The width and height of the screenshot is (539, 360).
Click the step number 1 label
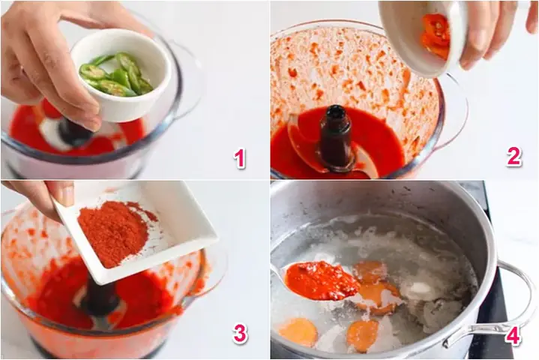click(240, 158)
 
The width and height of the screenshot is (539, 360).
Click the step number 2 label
click(514, 156)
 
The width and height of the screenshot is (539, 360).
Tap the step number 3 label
click(240, 333)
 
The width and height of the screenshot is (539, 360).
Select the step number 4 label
click(513, 334)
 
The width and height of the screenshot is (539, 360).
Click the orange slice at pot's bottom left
click(299, 331)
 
